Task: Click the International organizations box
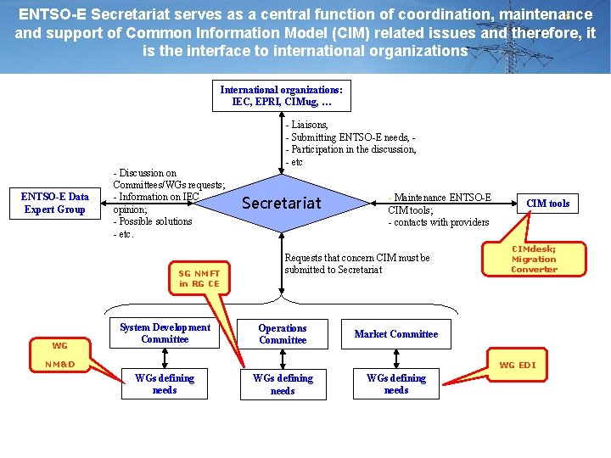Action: (x=282, y=96)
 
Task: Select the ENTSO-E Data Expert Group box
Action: (x=55, y=203)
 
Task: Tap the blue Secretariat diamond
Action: (x=282, y=203)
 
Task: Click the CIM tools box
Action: (x=547, y=203)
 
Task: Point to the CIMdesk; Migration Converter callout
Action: (x=534, y=259)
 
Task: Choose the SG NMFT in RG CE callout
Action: (x=199, y=278)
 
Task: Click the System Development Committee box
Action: (x=165, y=333)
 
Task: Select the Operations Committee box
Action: (x=283, y=333)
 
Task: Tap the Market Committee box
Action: (x=396, y=334)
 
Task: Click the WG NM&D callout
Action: (x=60, y=355)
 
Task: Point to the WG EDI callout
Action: (x=517, y=365)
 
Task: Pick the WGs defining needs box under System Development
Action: (x=165, y=384)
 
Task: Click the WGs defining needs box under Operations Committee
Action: (x=283, y=384)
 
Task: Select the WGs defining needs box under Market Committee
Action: (x=396, y=384)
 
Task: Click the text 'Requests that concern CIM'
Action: (x=357, y=258)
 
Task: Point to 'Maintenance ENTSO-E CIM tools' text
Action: (x=439, y=204)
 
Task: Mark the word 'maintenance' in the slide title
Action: (x=547, y=14)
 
